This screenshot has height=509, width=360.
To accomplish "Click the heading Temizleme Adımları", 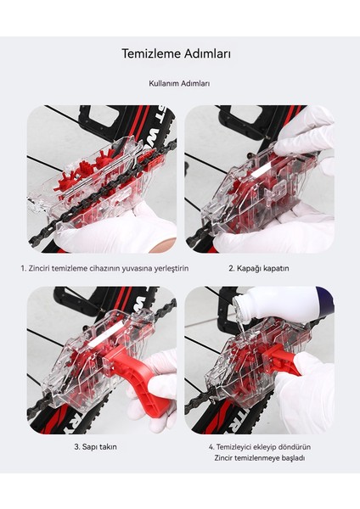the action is [x=176, y=53].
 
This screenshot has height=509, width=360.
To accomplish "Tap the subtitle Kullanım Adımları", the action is [x=179, y=83].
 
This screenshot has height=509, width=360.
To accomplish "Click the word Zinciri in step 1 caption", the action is [x=40, y=268].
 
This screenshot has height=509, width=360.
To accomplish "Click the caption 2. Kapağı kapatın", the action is [x=259, y=269].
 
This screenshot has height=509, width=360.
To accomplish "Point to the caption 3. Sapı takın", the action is [x=96, y=447].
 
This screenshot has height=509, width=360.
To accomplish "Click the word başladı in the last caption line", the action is [x=293, y=458].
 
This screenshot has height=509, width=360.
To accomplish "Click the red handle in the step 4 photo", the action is [x=279, y=359].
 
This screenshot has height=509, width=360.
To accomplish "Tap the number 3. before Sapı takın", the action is [x=77, y=447].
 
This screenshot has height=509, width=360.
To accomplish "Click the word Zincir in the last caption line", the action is [x=223, y=458].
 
